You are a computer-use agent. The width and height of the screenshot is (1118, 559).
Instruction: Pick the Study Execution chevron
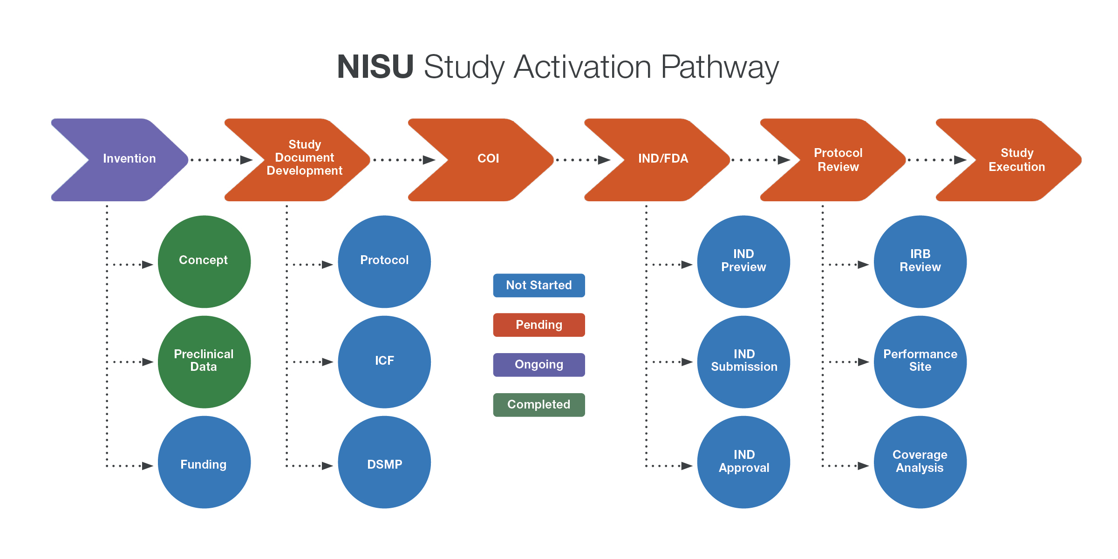[x=1016, y=159]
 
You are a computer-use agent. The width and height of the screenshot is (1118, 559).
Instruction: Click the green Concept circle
[x=204, y=261]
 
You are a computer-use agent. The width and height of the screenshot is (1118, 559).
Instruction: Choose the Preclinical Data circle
[x=204, y=361]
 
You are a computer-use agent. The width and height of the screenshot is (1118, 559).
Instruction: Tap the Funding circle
[x=204, y=462]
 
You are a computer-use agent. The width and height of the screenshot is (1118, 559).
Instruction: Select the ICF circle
[x=384, y=361]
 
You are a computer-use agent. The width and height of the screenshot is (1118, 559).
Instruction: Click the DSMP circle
[x=384, y=462]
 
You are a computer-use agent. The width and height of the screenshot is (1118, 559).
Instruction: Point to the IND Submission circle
[x=743, y=361]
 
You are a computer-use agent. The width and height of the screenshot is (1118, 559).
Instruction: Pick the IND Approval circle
[x=743, y=462]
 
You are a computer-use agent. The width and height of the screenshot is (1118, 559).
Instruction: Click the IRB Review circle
[x=920, y=261]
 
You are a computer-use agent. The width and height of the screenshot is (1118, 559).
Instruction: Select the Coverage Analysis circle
[x=920, y=462]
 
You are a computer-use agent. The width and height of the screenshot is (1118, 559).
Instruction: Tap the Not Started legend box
[x=539, y=285]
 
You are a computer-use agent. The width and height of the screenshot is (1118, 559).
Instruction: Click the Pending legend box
[x=539, y=325]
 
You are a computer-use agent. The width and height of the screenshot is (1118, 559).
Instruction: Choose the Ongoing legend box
[x=539, y=365]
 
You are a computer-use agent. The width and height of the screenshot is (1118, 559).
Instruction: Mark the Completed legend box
[x=539, y=404]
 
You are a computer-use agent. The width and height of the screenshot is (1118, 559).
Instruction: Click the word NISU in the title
[x=375, y=67]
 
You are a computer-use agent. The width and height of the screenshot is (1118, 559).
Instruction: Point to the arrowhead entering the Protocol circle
[x=327, y=265]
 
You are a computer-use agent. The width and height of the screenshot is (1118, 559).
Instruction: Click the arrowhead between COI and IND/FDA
[x=604, y=160]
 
